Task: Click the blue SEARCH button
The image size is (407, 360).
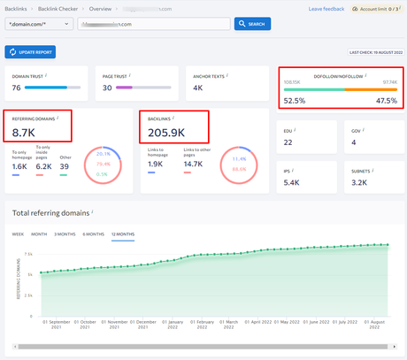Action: click(252, 24)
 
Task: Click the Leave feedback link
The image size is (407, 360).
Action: click(326, 8)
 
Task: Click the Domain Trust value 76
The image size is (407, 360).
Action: click(17, 88)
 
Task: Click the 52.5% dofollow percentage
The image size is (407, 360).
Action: click(294, 101)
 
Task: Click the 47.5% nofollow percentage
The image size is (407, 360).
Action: click(387, 101)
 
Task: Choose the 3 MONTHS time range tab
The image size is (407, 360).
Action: click(65, 234)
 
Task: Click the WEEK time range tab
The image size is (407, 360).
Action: click(18, 234)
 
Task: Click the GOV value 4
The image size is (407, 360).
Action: click(354, 142)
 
